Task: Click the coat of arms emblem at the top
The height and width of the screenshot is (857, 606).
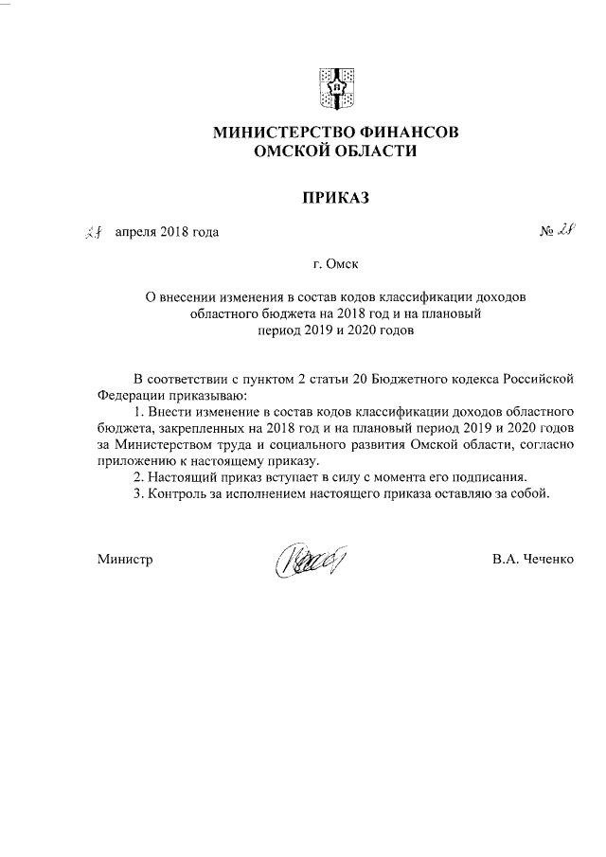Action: [335, 87]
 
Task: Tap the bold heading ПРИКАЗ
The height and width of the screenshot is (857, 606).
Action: [334, 198]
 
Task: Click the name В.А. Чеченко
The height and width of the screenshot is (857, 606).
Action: [533, 559]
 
